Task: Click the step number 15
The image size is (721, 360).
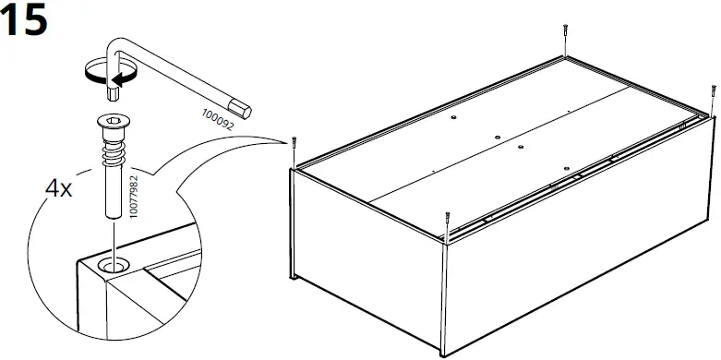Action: pos(25,21)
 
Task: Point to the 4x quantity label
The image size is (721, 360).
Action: pos(59,189)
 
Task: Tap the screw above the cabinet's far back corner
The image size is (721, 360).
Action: pos(562,35)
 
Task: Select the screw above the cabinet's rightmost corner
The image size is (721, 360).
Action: pos(712,94)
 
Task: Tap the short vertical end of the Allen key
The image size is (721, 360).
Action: pos(114,83)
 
